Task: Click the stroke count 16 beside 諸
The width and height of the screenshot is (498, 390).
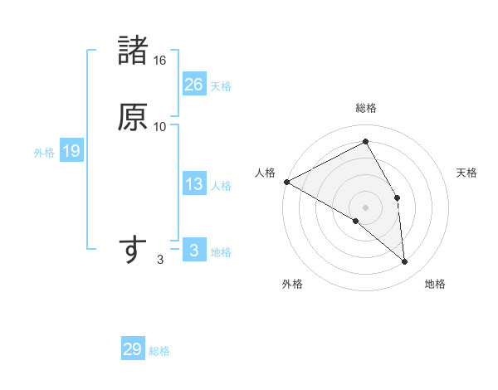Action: [x=160, y=61]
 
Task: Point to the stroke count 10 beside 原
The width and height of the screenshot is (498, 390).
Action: [x=160, y=127]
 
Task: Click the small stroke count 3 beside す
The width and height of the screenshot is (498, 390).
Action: [x=160, y=260]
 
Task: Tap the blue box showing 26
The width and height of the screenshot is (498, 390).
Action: [x=194, y=84]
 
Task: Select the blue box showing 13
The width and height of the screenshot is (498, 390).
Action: [x=194, y=184]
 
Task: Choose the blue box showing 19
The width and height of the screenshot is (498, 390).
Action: [x=71, y=151]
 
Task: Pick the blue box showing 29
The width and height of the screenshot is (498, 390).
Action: [x=133, y=349]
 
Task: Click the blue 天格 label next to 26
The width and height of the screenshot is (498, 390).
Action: [x=221, y=85]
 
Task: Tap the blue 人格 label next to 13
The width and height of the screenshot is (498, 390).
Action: [x=221, y=186]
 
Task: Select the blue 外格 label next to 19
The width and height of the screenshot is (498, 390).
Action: [x=44, y=153]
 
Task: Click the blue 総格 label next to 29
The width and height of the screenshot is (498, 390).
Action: [x=160, y=351]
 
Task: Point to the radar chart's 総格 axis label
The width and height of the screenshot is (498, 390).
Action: [x=365, y=108]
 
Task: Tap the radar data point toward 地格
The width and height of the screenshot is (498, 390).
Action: [x=404, y=262]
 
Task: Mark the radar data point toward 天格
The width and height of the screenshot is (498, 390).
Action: [x=398, y=197]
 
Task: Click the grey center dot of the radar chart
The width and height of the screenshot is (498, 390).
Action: [x=365, y=207]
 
